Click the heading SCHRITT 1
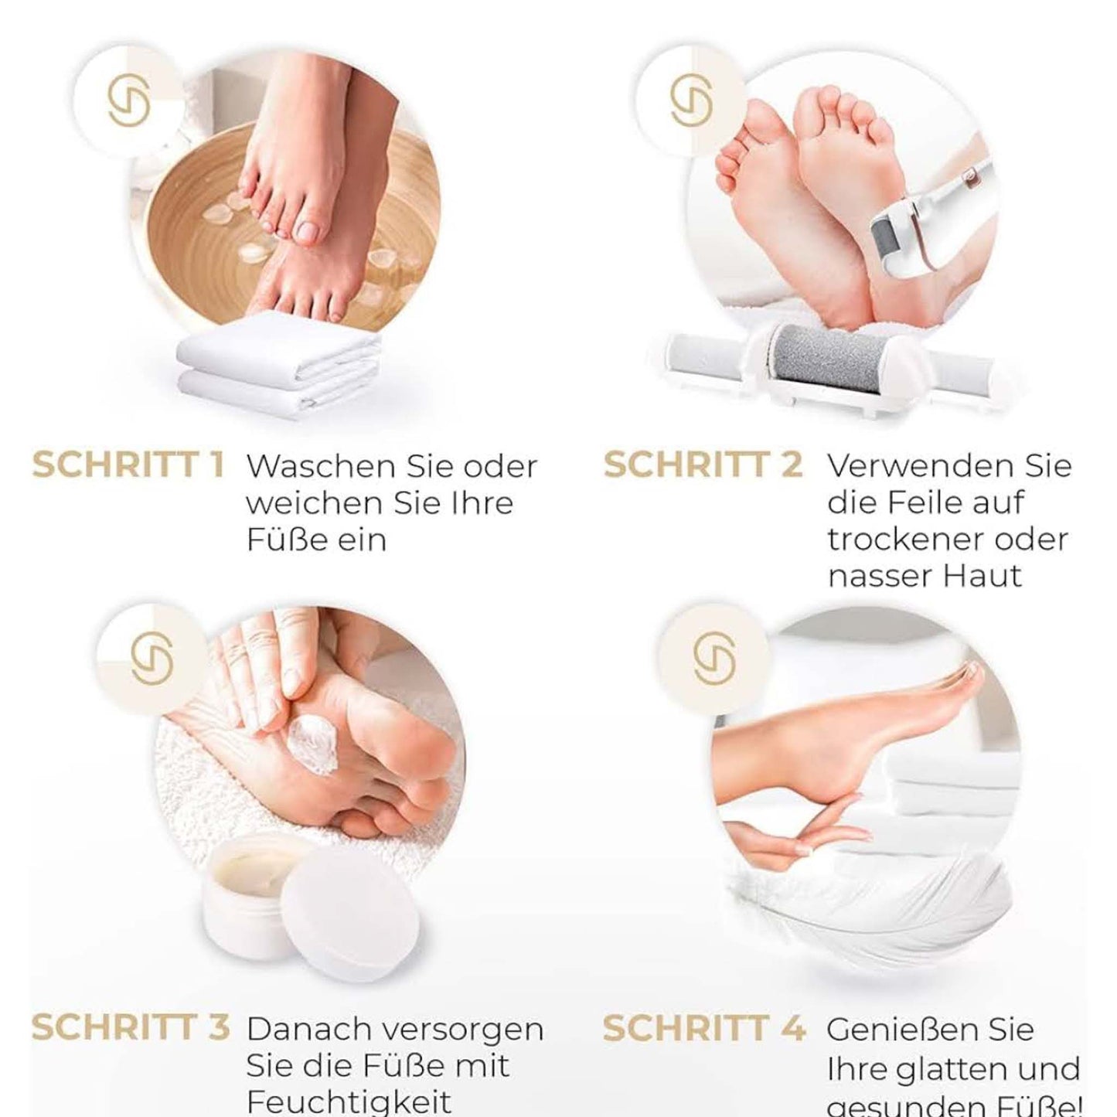click(128, 465)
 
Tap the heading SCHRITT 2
click(702, 465)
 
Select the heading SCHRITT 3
click(130, 1027)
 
